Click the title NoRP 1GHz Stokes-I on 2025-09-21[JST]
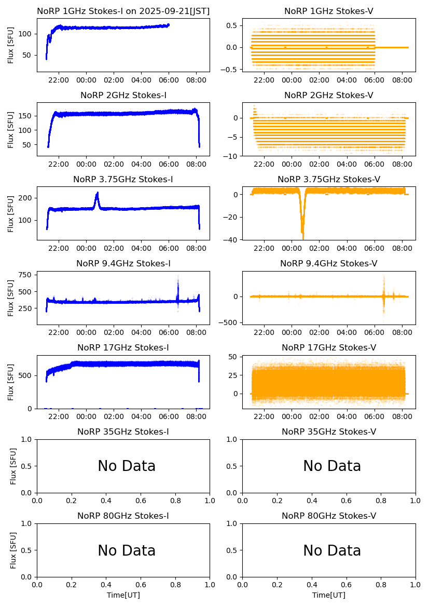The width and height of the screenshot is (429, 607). pos(123,11)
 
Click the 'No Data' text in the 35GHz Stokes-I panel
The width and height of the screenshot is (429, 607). pos(127,466)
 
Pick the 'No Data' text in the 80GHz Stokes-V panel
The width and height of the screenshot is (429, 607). pos(332,550)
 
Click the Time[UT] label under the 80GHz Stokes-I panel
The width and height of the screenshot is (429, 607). pos(123,595)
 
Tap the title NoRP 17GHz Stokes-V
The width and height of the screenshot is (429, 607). pos(329,348)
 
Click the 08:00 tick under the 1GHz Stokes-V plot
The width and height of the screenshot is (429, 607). pos(402,80)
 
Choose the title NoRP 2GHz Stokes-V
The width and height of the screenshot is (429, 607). pos(329,96)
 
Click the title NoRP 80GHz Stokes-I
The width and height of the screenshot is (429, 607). pos(123,516)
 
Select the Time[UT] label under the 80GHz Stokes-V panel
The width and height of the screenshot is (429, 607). pos(329,595)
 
